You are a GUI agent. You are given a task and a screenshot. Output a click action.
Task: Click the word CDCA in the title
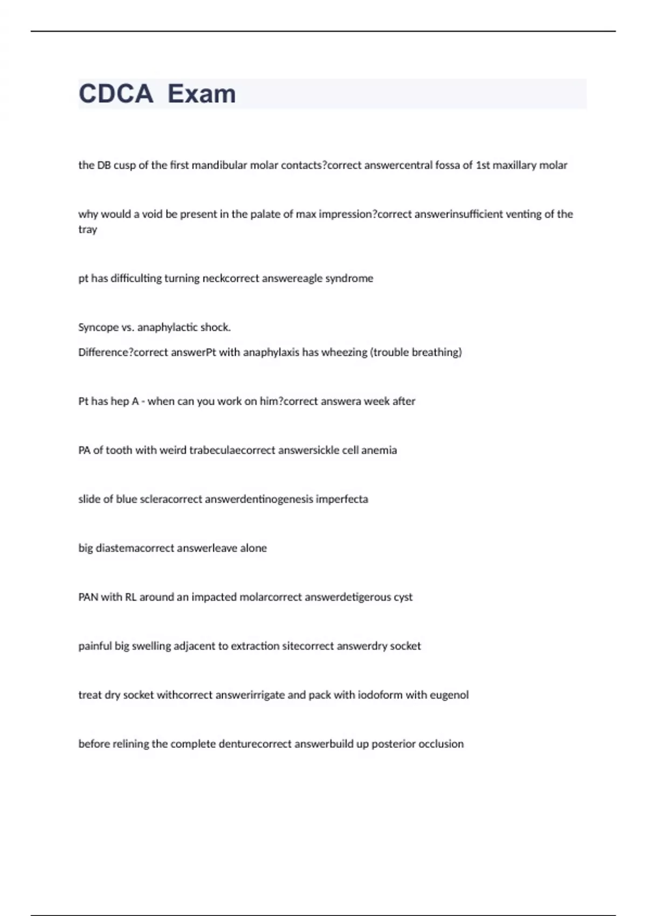(x=116, y=94)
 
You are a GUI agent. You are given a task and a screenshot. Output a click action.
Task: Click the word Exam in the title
(x=202, y=94)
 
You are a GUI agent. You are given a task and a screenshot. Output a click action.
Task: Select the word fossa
(x=448, y=165)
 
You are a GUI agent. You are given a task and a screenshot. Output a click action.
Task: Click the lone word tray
(x=87, y=230)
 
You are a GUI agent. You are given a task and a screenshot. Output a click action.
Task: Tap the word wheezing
(x=344, y=352)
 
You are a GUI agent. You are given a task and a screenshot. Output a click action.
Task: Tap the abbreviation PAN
(x=88, y=597)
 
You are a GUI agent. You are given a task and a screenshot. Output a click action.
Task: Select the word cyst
(x=403, y=597)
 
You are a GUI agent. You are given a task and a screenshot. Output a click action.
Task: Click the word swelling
(x=151, y=646)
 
